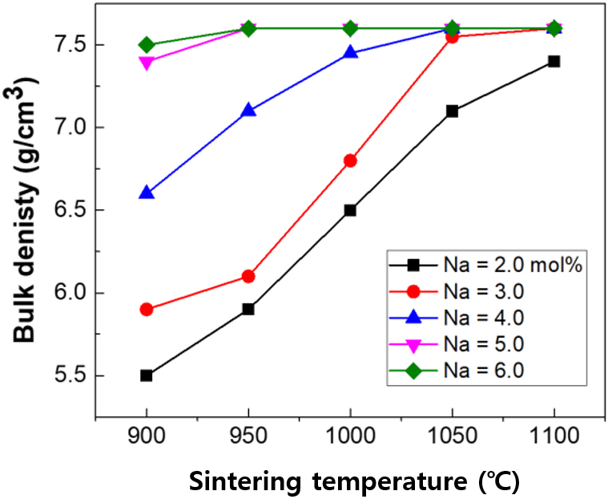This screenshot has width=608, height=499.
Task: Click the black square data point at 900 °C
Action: coord(147,375)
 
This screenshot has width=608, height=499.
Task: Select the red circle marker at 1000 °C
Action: coord(350,160)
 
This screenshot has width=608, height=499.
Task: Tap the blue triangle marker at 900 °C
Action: coord(147,193)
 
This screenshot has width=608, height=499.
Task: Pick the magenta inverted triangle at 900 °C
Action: coord(147,62)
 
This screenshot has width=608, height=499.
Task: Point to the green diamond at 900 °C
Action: coord(147,45)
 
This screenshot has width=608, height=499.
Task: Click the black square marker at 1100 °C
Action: coord(554,61)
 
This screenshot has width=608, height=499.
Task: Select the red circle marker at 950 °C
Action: coord(248,276)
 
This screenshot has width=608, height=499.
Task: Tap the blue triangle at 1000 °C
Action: coord(350,53)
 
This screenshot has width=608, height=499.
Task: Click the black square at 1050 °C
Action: coord(452,111)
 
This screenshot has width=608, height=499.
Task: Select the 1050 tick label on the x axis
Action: coord(452,439)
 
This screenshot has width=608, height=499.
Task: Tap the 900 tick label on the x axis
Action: coord(147,439)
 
